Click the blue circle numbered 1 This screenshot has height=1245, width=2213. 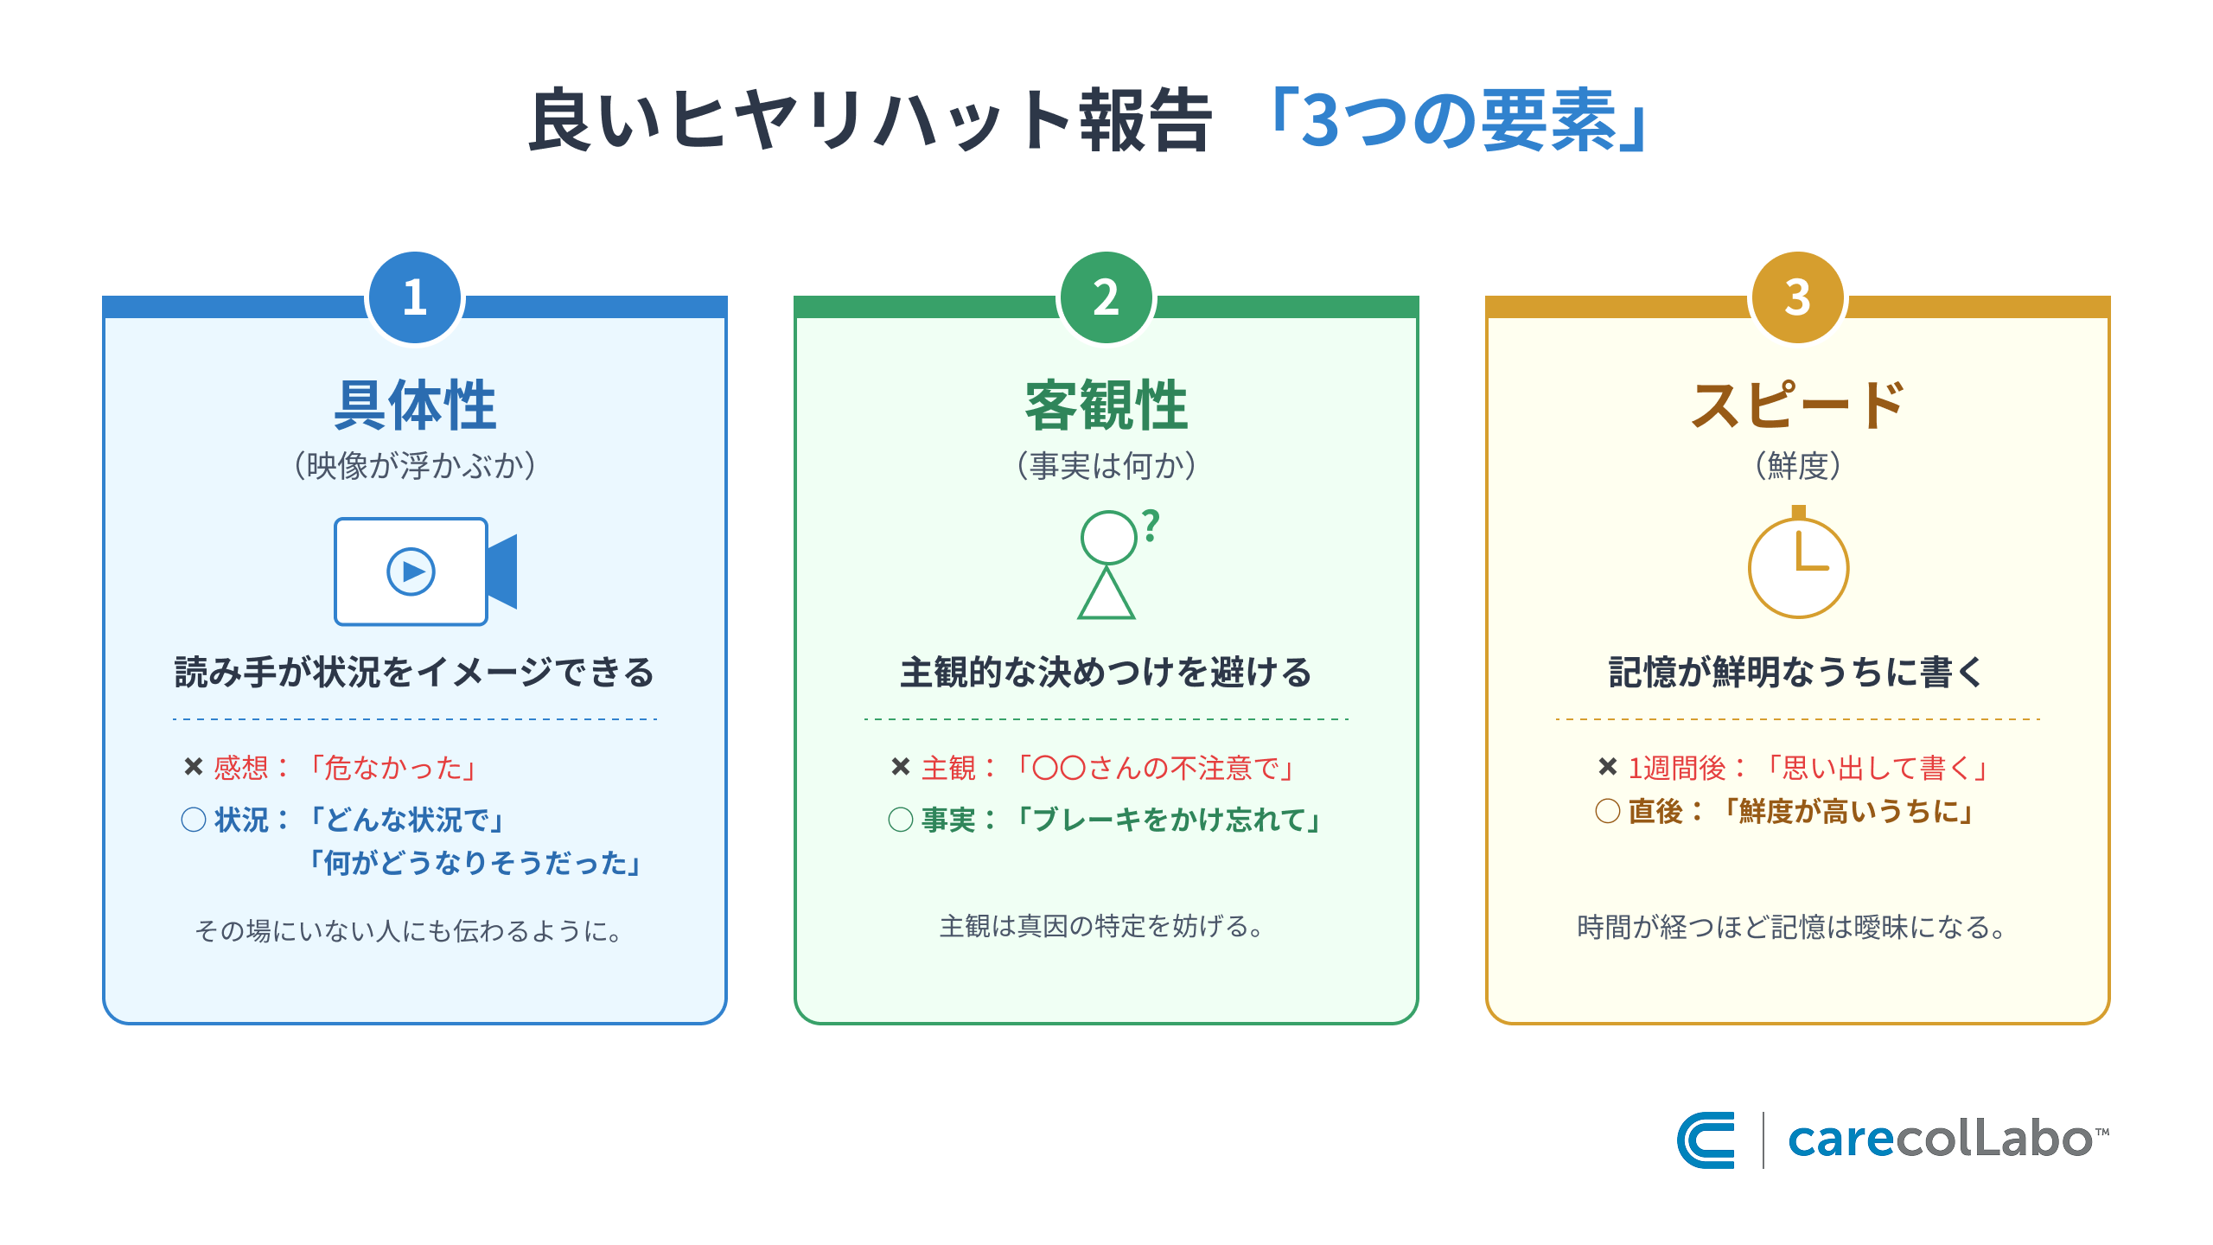(415, 297)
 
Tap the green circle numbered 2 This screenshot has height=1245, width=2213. (1106, 297)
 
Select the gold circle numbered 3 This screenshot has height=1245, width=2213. (1798, 297)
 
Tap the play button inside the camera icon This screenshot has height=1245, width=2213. (411, 571)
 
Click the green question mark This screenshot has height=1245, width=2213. (1151, 526)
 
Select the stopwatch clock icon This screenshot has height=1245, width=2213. (1798, 565)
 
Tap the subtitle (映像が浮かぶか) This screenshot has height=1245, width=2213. (415, 466)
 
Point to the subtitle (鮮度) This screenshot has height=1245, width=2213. (1798, 466)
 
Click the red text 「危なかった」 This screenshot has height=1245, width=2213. (393, 768)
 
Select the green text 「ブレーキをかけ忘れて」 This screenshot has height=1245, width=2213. (1167, 820)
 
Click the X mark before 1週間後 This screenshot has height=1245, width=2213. (1608, 767)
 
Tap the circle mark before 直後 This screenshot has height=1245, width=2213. (1608, 811)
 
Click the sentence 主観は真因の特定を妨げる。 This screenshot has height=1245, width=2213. (1101, 927)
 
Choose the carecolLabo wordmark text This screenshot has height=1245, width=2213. (1940, 1140)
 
